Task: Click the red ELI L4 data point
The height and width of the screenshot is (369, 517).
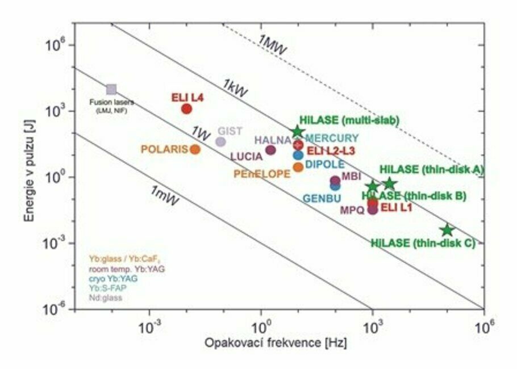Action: pos(186,108)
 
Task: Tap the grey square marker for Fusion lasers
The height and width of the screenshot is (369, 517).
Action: pos(111,89)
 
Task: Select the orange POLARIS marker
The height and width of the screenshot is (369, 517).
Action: pos(195,149)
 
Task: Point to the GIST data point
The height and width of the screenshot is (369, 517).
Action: pos(220,141)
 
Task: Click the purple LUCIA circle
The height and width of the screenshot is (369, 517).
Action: pos(270,150)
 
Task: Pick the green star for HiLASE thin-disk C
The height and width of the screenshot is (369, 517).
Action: pos(447,230)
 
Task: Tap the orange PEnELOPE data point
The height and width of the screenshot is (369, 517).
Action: pos(298,167)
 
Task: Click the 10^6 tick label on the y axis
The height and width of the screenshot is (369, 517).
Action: pos(53,44)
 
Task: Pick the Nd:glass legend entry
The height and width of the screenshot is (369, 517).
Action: pos(106,297)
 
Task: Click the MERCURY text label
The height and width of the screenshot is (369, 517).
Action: pos(332,138)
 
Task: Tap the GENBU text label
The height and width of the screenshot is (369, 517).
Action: pos(322,199)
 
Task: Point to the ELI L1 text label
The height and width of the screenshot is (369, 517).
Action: pos(397,208)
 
